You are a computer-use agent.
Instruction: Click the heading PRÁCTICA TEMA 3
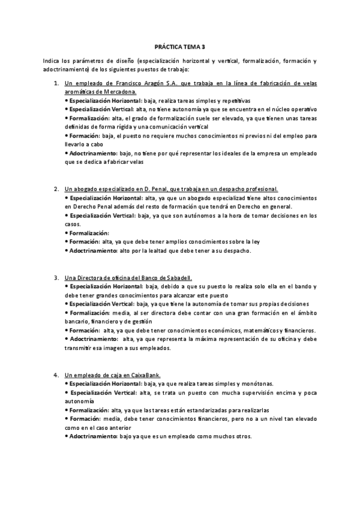click(179, 46)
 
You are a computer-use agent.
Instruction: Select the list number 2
click(56, 189)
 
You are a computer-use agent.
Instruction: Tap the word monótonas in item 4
click(256, 383)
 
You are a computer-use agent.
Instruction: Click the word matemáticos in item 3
click(263, 330)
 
